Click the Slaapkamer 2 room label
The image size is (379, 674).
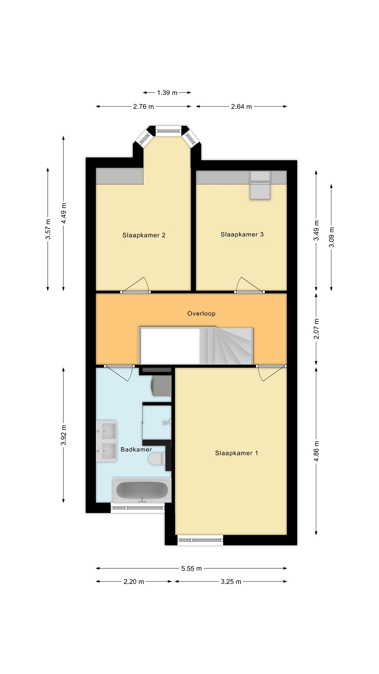coord(144,235)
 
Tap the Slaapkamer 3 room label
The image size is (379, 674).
coord(242,234)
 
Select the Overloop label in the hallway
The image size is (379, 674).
coord(201,313)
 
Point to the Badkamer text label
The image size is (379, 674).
coord(136,449)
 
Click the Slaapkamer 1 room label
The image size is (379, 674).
coord(236,453)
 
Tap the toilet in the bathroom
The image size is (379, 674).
coord(157,459)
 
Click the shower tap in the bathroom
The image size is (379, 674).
coord(167,422)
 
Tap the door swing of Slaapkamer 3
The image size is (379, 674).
coord(247,285)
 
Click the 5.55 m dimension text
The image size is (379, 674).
coord(191,568)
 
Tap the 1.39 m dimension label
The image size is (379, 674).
coord(167,93)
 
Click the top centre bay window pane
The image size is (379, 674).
coord(168,130)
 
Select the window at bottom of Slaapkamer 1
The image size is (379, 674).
coord(200,540)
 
